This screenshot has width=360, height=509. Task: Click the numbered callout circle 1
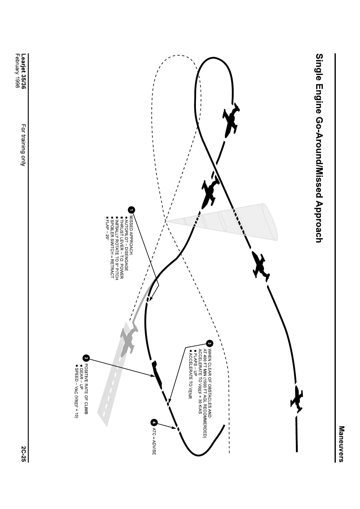tap(131, 209)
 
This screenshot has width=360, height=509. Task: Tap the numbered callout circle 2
tap(86, 358)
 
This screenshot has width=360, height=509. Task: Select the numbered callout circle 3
tap(209, 343)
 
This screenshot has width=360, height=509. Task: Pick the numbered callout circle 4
tap(154, 422)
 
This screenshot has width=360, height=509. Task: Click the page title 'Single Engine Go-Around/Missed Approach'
tap(318, 148)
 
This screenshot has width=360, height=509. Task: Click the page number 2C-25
tap(24, 453)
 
